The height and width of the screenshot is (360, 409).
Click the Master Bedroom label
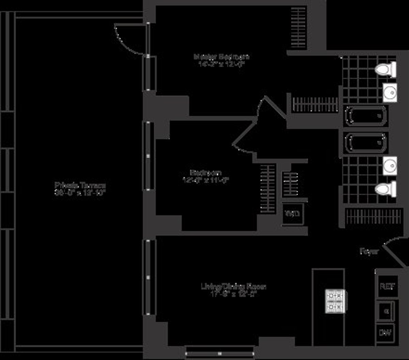(222, 56)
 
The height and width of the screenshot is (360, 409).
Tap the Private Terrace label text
(80, 185)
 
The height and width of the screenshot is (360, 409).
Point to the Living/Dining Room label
(233, 286)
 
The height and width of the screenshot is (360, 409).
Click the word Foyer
(369, 251)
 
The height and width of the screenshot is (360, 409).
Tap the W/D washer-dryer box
(292, 214)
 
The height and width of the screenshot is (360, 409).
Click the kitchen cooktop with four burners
(335, 301)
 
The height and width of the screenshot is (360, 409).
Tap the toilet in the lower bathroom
(386, 188)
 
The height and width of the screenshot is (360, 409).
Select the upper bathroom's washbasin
(390, 92)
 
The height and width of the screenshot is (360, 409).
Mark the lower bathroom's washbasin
(390, 165)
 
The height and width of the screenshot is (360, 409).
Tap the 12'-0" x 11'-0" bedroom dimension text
(205, 180)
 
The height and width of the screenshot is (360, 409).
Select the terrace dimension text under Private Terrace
(80, 192)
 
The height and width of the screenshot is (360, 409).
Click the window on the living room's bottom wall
(220, 352)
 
